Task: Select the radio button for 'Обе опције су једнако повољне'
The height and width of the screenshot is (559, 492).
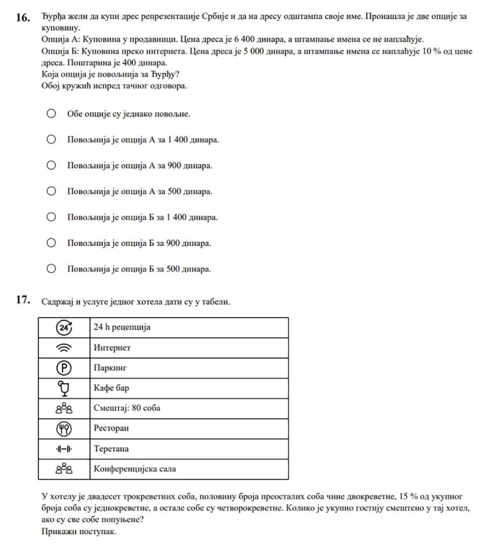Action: pos(51,113)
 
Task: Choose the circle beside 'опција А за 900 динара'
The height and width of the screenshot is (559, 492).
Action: pos(51,165)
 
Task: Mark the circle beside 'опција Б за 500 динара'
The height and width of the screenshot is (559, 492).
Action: pos(51,268)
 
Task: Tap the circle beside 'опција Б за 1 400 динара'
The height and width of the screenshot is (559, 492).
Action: pos(51,217)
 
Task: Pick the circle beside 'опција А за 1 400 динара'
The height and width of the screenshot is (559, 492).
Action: pos(51,139)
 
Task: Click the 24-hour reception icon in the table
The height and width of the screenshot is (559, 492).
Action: pos(64,327)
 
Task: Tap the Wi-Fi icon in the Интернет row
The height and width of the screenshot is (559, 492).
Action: pos(64,348)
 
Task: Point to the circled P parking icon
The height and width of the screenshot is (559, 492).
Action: pos(64,368)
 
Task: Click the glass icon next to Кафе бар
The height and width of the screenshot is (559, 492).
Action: pos(64,388)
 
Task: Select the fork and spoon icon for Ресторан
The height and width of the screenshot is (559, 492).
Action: pos(64,428)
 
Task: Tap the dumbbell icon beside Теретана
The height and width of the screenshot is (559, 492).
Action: pos(64,449)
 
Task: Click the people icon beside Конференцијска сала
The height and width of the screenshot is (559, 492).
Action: pos(64,469)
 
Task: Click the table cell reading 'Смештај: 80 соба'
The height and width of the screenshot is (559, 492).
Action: pos(127,408)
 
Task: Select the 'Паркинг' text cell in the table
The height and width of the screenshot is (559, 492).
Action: pos(110,368)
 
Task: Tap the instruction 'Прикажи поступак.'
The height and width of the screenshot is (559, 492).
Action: pos(79,532)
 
